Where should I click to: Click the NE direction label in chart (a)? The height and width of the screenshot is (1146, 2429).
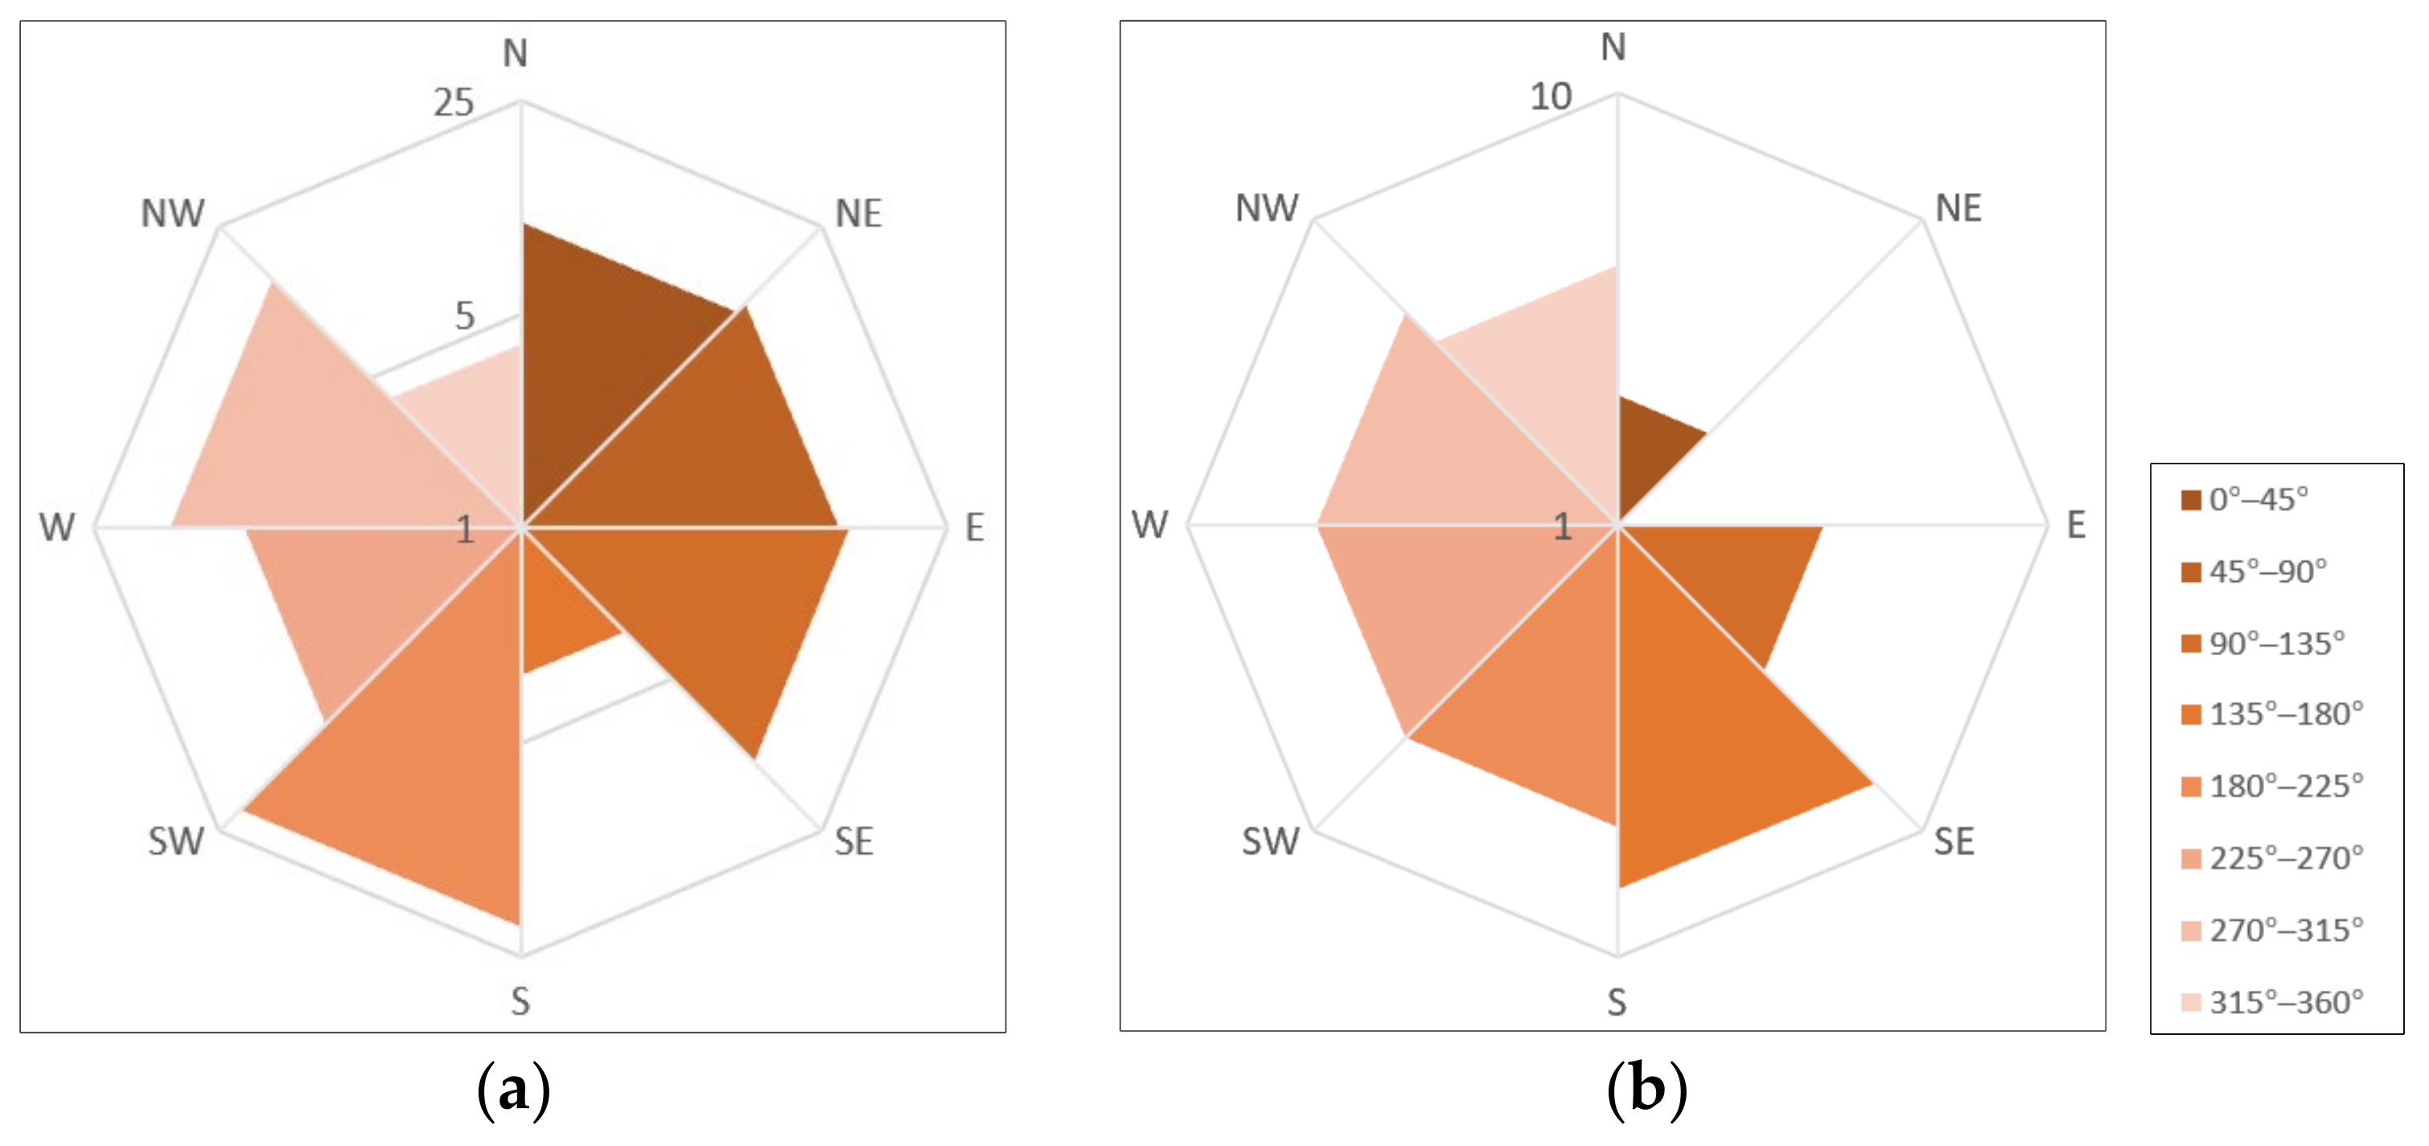point(858,214)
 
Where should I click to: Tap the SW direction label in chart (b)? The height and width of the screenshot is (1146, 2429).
point(1269,841)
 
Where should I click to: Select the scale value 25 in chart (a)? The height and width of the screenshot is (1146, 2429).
point(454,103)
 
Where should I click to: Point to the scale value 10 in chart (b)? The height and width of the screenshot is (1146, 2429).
point(1550,97)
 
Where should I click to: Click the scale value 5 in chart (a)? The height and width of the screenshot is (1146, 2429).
point(464,316)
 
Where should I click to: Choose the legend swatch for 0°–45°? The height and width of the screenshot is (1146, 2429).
point(2190,500)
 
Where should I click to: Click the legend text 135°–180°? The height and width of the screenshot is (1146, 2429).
point(2286,714)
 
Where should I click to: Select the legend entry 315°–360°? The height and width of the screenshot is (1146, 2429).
point(2272,1002)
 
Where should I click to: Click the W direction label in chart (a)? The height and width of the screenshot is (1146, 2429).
point(56,527)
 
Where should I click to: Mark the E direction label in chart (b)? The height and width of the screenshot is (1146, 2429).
point(2075,526)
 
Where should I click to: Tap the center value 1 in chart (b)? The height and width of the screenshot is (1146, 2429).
point(1563,527)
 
